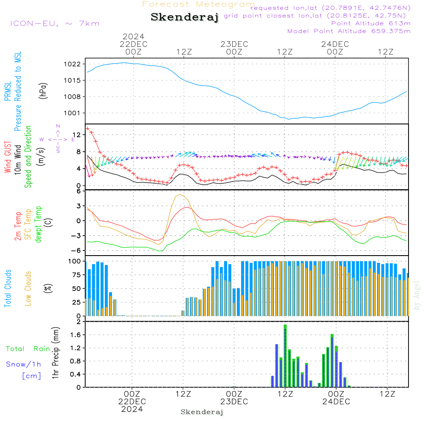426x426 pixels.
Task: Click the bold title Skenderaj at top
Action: tap(184, 17)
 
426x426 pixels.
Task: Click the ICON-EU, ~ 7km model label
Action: tap(55, 23)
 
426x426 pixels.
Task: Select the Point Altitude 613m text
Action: tap(371, 23)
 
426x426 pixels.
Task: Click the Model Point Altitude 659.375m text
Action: tap(349, 31)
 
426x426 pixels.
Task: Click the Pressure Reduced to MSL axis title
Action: tap(17, 91)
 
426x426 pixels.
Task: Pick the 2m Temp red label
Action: tap(18, 225)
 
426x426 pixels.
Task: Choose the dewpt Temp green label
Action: tap(38, 225)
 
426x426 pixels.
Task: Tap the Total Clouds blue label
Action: tap(8, 288)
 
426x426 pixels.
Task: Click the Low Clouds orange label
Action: tap(28, 288)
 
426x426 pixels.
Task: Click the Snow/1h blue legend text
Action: tap(24, 364)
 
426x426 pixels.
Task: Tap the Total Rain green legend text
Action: tap(28, 348)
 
